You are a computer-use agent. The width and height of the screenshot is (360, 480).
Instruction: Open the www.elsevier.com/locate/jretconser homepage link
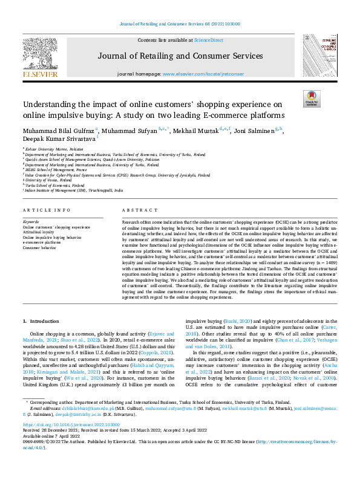[x=203, y=74]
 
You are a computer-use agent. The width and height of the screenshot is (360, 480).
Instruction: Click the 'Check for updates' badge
[x=311, y=98]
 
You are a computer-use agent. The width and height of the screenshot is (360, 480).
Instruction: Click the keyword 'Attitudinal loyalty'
[x=39, y=232]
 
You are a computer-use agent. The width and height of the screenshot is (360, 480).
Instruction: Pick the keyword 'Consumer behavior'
[x=39, y=247]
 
